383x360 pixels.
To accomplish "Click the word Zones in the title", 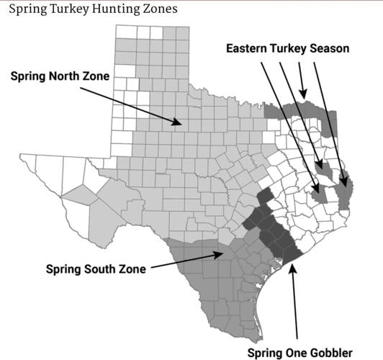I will (x=158, y=9).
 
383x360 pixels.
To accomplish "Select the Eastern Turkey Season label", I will (x=287, y=48).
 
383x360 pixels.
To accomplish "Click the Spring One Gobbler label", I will (x=299, y=353).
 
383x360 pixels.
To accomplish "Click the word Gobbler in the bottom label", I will (x=330, y=353).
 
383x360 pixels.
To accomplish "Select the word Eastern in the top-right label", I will (x=248, y=48).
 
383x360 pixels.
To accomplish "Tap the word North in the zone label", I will (x=60, y=76).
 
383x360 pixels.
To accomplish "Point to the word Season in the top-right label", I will (x=329, y=48).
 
